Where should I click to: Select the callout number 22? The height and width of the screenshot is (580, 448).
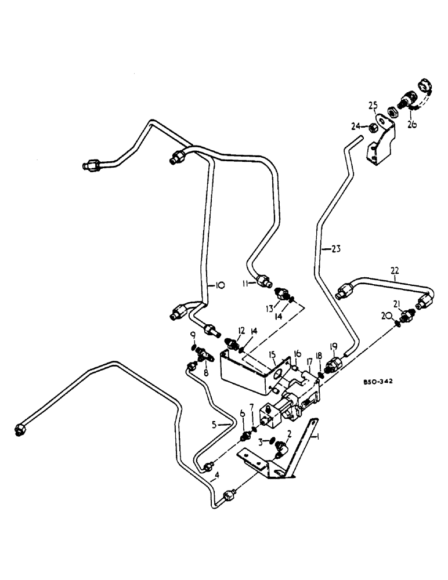point(395,271)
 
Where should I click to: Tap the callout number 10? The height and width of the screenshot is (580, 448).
point(220,285)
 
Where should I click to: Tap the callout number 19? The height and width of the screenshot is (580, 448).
point(333,346)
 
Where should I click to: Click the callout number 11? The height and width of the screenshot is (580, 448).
point(245,283)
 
